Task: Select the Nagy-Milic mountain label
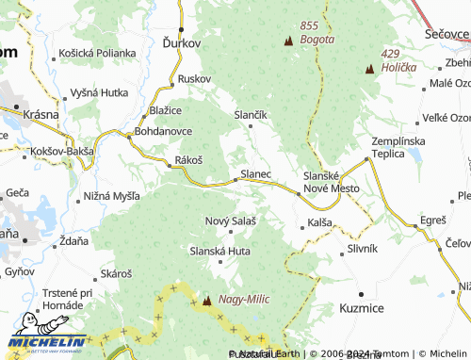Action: click(243, 299)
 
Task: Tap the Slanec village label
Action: click(256, 174)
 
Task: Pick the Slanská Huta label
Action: click(219, 251)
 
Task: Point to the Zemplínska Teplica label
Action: click(398, 147)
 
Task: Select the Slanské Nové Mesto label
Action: click(331, 182)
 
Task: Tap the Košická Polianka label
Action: click(96, 53)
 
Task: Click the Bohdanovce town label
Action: click(163, 130)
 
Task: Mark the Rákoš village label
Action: click(188, 161)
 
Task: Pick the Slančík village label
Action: click(251, 113)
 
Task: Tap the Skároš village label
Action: click(116, 272)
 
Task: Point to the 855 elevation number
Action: click(310, 25)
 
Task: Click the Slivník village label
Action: click(362, 248)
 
